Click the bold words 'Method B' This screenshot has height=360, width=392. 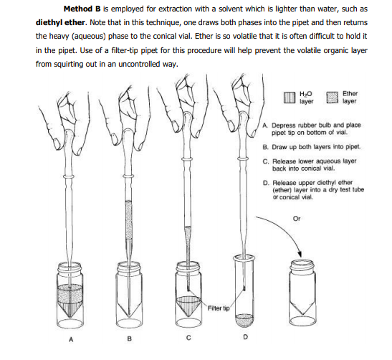(82, 9)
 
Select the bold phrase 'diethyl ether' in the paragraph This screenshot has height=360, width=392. (60, 22)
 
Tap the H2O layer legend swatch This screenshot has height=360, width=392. (290, 98)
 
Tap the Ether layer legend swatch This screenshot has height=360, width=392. (333, 98)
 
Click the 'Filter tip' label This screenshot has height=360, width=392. (219, 308)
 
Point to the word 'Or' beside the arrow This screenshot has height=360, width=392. (297, 219)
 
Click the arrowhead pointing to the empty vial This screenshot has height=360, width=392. (300, 254)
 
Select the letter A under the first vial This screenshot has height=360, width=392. (71, 339)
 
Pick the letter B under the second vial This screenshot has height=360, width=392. (129, 338)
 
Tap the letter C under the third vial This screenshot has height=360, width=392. (188, 338)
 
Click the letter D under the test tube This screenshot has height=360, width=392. (245, 337)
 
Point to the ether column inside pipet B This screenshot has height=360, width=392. (128, 220)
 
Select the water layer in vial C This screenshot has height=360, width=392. (188, 305)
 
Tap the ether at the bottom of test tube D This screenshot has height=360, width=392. (244, 321)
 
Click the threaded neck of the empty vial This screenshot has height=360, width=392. (302, 266)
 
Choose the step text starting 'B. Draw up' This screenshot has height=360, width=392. (312, 147)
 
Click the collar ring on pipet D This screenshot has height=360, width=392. (242, 158)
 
